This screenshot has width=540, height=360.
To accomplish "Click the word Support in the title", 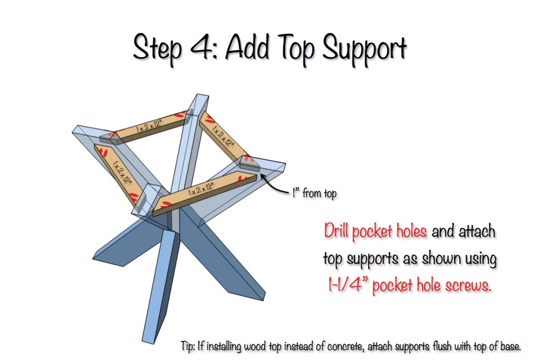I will pos(364,50).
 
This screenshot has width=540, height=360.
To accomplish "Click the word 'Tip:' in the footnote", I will pos(188,346).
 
